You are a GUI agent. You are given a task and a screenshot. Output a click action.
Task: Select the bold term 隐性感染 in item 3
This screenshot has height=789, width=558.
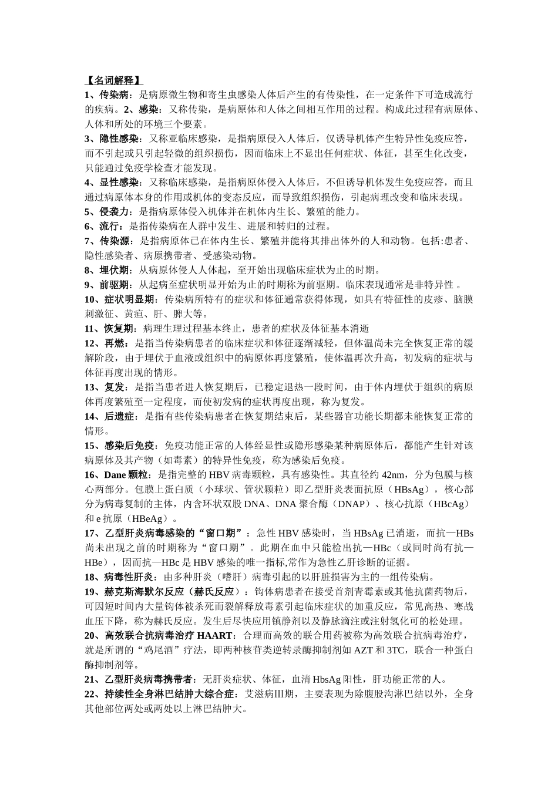click(120, 139)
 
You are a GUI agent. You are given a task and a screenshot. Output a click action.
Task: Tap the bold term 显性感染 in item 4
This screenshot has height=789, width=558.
click(120, 183)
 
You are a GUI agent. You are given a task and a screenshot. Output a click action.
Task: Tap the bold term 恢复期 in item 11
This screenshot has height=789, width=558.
click(120, 329)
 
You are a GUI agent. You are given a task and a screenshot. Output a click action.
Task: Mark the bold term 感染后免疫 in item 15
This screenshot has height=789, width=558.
click(130, 446)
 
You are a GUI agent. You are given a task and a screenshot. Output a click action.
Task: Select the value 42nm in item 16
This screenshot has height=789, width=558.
click(394, 475)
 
